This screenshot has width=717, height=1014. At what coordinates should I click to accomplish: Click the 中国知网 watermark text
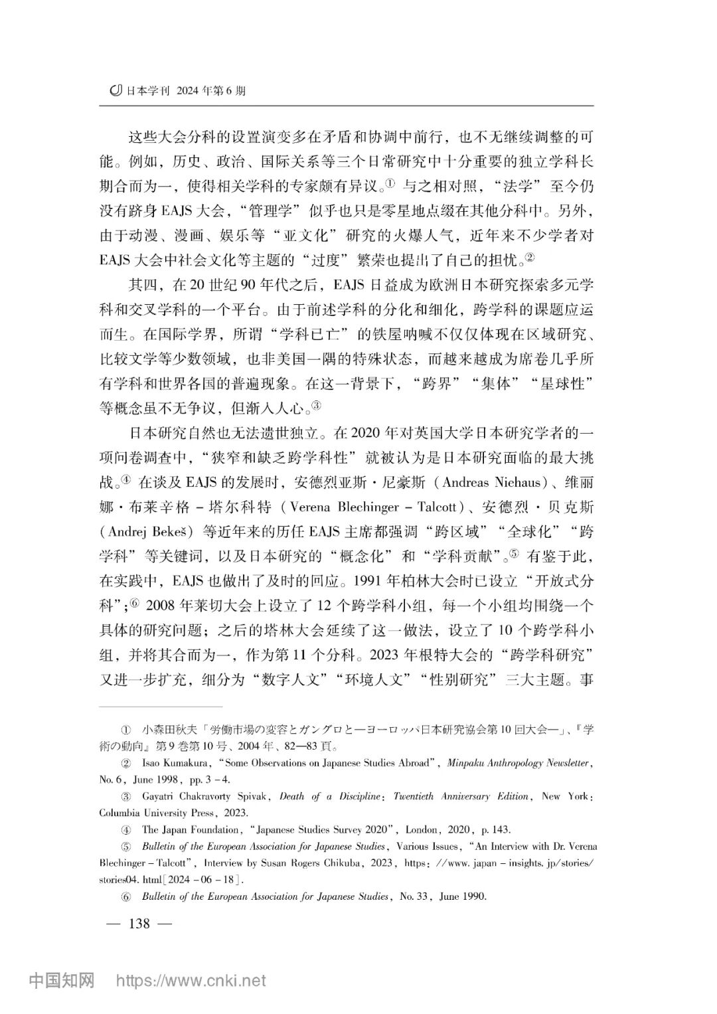point(62,980)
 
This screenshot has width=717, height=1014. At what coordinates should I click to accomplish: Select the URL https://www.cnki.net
point(191,980)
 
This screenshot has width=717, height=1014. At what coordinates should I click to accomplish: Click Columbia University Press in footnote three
point(158,813)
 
